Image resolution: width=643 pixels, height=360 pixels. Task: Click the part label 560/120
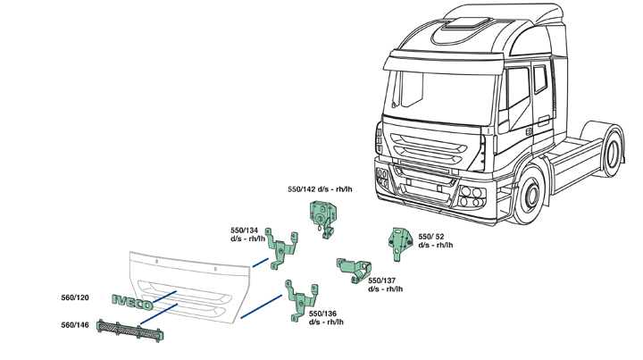(75, 297)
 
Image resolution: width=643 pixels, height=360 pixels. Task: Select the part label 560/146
(75, 325)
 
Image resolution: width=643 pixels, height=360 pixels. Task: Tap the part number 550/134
(244, 230)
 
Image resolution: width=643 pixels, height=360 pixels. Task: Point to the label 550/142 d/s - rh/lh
(320, 189)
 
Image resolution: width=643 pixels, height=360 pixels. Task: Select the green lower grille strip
(131, 331)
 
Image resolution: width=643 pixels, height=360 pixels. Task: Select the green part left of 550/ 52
(397, 242)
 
